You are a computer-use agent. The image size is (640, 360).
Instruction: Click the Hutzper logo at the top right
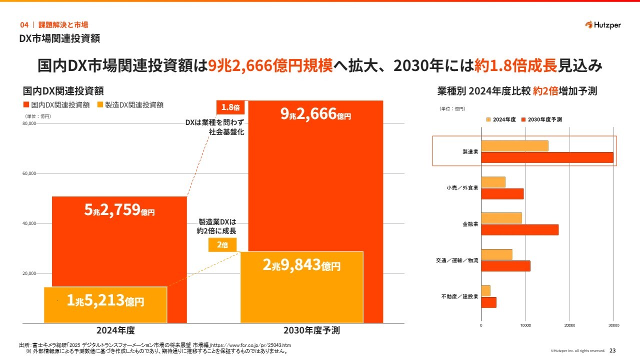point(602,25)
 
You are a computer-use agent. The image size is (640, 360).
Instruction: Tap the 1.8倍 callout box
point(230,107)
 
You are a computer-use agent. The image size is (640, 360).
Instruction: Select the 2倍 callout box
point(222,245)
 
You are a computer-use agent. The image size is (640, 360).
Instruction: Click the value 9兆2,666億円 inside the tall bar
point(315,114)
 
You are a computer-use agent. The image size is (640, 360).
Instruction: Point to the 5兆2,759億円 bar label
point(119,210)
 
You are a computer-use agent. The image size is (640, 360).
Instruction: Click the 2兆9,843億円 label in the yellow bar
point(301,265)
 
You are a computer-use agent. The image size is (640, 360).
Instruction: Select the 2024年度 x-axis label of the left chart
point(115,330)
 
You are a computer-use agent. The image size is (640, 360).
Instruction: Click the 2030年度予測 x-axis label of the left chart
point(311,330)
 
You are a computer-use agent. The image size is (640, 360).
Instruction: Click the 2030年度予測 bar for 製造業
point(547,157)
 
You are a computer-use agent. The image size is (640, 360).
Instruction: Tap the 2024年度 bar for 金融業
point(501,218)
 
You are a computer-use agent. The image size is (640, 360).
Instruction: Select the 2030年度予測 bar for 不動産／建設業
point(488,302)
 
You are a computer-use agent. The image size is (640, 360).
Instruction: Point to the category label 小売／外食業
point(462,188)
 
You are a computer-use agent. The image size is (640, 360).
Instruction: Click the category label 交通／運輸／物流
point(457,260)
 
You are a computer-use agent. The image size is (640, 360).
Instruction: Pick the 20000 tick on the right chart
point(569,325)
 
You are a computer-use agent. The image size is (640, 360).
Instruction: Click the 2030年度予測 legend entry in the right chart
point(541,120)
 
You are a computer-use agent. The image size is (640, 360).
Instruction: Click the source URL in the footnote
point(252,345)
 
